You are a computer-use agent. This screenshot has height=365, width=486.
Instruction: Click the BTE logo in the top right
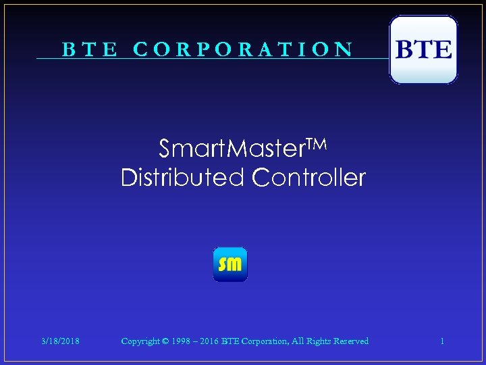[x=423, y=50]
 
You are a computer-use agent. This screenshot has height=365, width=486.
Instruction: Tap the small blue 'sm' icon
[x=230, y=264]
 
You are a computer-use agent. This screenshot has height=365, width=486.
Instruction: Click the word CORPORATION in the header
[x=243, y=49]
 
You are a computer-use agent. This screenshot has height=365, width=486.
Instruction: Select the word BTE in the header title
[x=90, y=49]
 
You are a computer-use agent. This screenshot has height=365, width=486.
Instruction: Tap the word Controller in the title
[x=309, y=178]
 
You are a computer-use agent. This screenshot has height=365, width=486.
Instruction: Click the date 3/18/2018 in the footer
[x=61, y=341]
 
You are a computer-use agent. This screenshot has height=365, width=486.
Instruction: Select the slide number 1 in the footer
[x=442, y=341]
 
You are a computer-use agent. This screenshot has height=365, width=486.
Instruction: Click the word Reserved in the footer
[x=351, y=341]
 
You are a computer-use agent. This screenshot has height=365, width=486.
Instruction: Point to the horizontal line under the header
[x=202, y=59]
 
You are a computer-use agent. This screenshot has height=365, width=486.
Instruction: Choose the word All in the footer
[x=297, y=341]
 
